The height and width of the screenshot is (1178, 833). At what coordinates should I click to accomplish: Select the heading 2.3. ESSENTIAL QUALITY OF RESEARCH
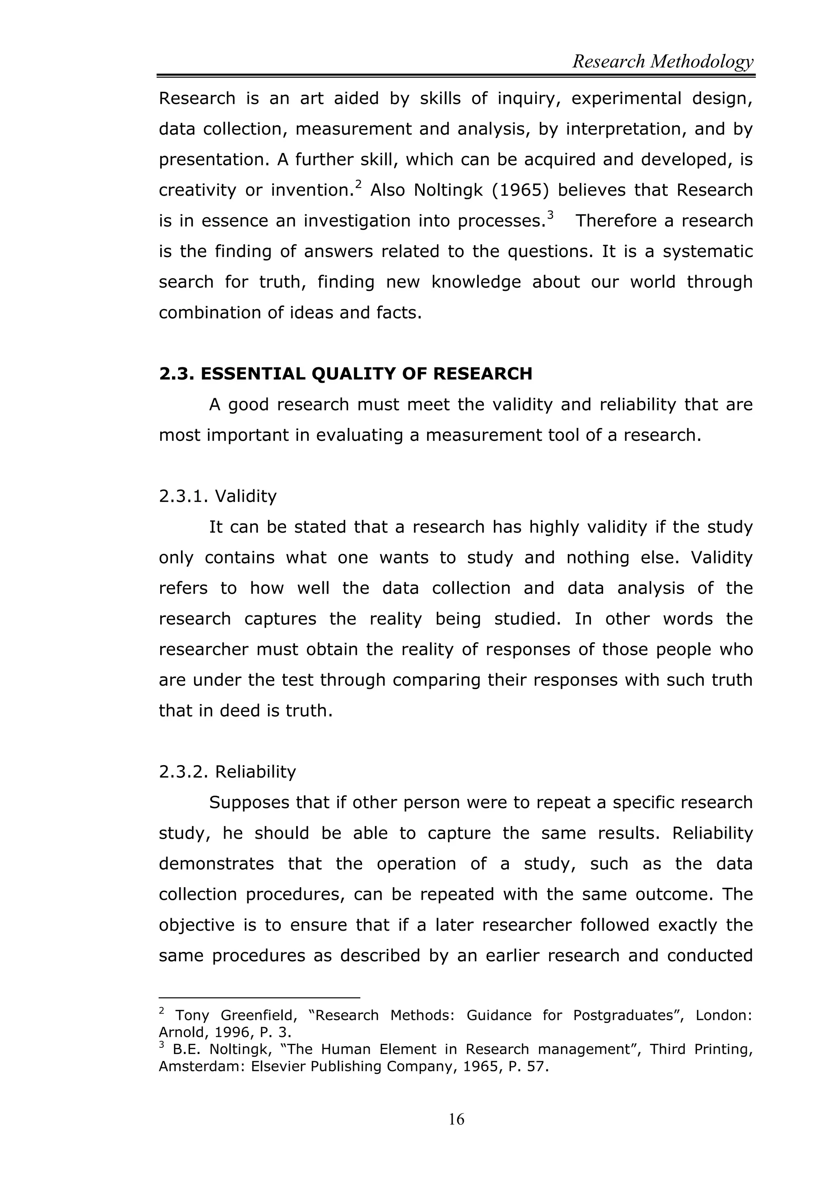pos(345,373)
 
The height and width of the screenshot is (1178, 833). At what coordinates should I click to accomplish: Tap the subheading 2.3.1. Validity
pos(218,496)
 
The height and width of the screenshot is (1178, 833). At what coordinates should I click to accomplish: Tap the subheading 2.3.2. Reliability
pos(227,772)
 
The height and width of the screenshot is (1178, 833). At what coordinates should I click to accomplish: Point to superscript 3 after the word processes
pos(550,216)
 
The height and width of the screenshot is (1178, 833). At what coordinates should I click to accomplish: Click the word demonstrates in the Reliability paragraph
pos(216,864)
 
